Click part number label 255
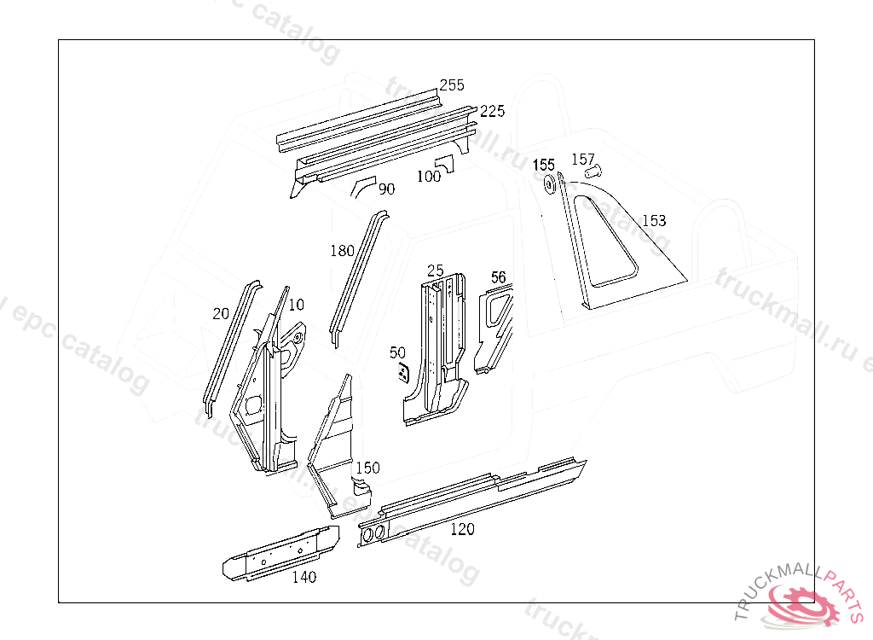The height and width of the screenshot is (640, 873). pos(452,85)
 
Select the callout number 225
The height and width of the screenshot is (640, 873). pos(492,111)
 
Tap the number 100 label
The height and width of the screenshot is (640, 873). pos(429,177)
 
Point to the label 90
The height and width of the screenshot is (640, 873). pos(386,189)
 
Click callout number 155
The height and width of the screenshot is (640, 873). pos(544,165)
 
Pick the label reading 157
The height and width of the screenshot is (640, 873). pos(583,159)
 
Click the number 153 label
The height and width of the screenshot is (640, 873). pos(654,221)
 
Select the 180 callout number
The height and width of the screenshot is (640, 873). pos(342,250)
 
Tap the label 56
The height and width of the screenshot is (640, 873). pos(499,277)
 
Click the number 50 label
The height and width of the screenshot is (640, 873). pos(397,352)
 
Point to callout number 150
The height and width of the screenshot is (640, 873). pos(367,468)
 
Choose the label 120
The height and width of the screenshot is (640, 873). pos(462,529)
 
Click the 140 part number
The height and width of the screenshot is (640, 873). pos(304,577)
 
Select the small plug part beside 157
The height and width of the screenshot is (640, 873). pos(593,173)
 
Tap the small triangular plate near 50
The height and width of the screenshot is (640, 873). pos(402,373)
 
